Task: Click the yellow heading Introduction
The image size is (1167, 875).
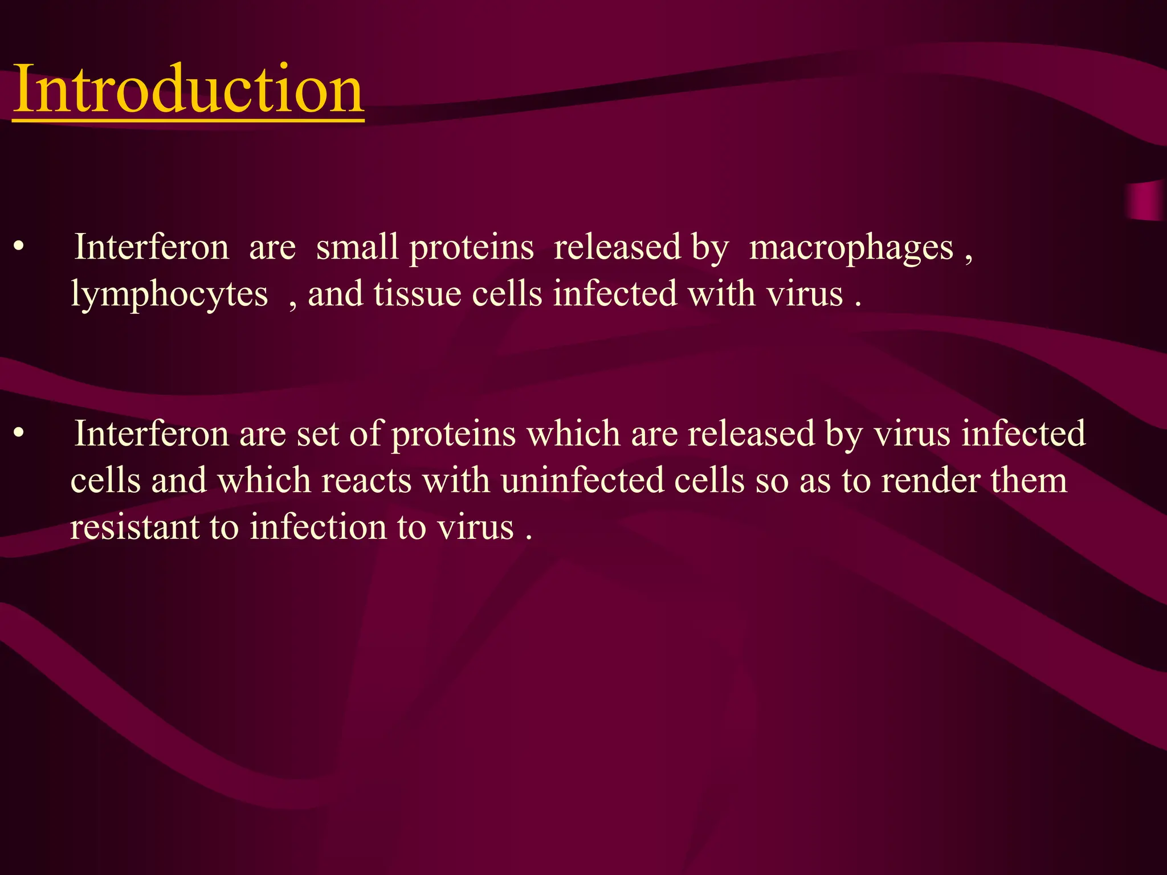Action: [x=188, y=89]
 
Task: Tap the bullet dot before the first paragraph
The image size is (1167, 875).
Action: [x=19, y=248]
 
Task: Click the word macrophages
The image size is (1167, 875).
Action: [x=851, y=249]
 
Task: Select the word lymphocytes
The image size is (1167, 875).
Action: [x=169, y=295]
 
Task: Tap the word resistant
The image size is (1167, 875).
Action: [x=134, y=527]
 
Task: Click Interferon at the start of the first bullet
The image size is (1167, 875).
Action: [x=152, y=248]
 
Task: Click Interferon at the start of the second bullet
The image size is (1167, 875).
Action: [x=152, y=434]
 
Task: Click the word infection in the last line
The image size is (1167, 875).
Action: [x=318, y=527]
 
